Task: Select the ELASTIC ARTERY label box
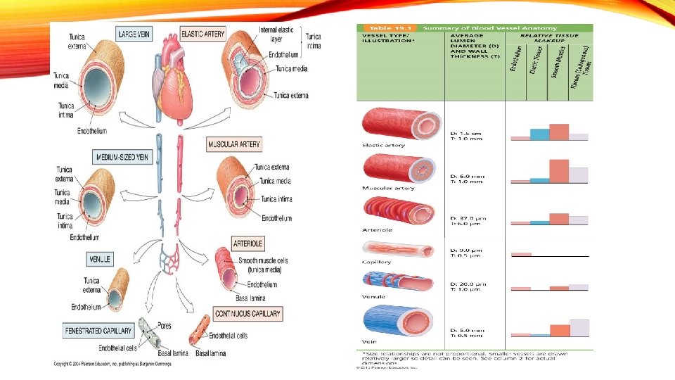coord(203,33)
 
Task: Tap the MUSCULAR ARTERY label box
coord(234,144)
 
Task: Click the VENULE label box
coord(99,259)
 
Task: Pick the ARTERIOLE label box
coord(248,243)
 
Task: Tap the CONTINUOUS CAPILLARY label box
coord(248,313)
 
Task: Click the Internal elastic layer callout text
coord(276,34)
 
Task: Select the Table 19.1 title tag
coord(385,27)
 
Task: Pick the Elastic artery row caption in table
coord(383,146)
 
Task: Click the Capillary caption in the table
coord(377,262)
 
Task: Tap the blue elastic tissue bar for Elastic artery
coord(539,134)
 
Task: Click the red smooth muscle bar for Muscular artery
coord(559,171)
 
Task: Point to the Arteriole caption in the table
coord(378,229)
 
